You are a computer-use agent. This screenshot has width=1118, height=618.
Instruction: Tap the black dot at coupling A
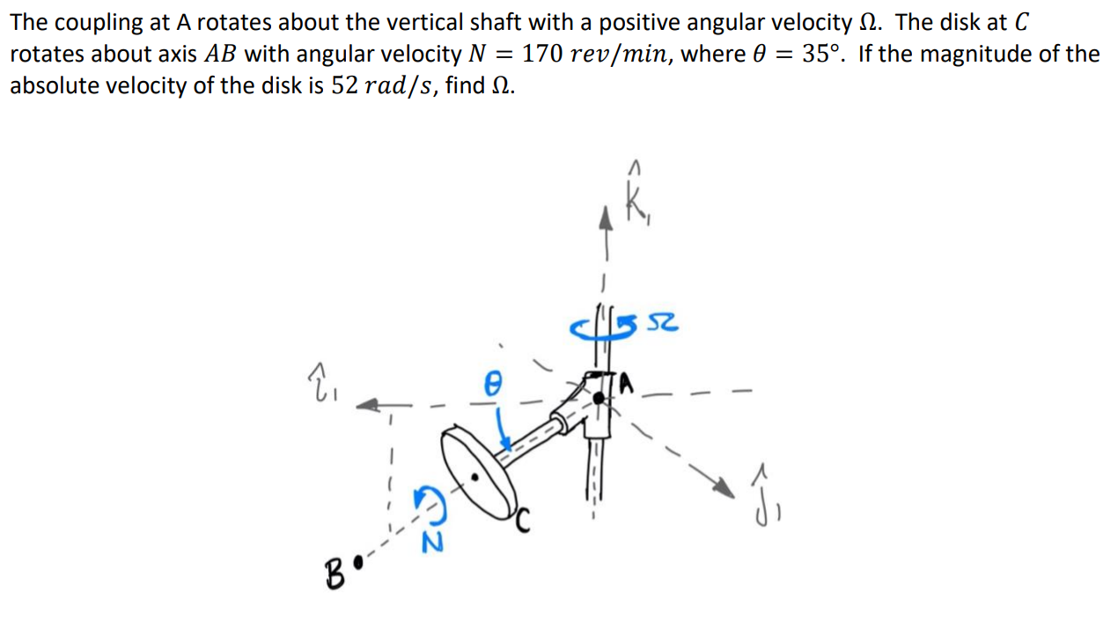(x=599, y=398)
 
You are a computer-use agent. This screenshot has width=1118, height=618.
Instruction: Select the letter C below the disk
(x=523, y=525)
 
